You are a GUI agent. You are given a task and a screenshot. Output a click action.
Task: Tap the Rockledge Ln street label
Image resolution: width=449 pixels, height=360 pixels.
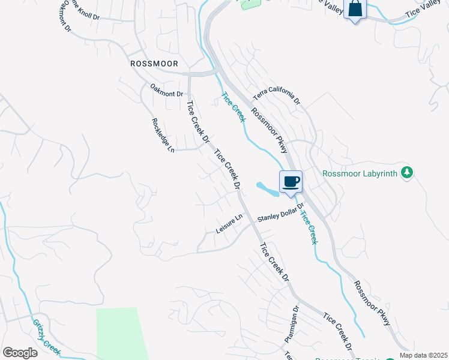click(x=163, y=134)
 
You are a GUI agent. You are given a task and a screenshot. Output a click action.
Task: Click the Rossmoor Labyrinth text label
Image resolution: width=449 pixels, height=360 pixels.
click(x=360, y=173)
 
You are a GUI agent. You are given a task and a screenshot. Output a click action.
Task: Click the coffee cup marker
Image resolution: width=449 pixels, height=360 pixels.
click(x=291, y=181)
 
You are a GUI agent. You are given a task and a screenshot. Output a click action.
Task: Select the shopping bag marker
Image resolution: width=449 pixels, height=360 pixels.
click(x=355, y=9)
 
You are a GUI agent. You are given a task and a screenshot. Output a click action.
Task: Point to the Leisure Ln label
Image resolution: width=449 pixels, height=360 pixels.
click(x=229, y=223)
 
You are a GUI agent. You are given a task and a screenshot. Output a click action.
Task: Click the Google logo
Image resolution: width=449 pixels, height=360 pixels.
click(x=20, y=352)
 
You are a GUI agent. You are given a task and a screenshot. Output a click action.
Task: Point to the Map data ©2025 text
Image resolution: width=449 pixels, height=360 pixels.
click(x=423, y=355)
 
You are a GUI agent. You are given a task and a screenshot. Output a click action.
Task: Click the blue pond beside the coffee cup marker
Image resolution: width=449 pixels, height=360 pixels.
click(x=267, y=188)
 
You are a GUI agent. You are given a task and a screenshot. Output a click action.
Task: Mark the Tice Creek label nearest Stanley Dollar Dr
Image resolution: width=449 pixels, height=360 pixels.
click(x=308, y=227)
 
